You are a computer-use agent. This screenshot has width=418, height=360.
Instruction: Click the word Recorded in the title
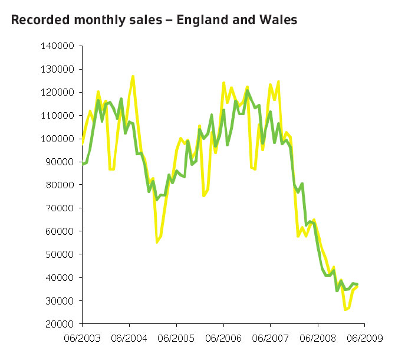37,21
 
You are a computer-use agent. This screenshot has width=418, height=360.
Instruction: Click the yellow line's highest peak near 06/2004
133,76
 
